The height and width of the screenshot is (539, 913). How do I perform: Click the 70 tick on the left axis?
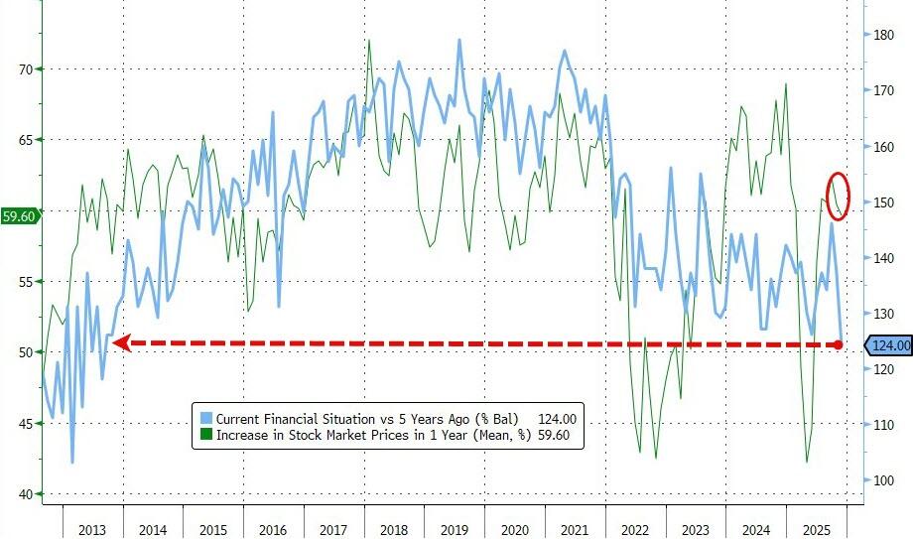[x=21, y=68]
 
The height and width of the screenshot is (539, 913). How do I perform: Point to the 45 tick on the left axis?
[x=21, y=424]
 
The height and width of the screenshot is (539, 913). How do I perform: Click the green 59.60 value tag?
[x=21, y=215]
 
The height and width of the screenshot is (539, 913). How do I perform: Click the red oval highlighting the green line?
[x=839, y=195]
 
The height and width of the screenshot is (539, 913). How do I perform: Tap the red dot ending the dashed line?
[x=839, y=344]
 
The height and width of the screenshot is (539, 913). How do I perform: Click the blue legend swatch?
[x=205, y=418]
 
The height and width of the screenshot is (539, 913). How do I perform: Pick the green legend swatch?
[x=205, y=434]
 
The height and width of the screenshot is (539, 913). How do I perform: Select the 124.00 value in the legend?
[x=557, y=418]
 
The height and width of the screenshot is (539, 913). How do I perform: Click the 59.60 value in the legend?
[x=557, y=434]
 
